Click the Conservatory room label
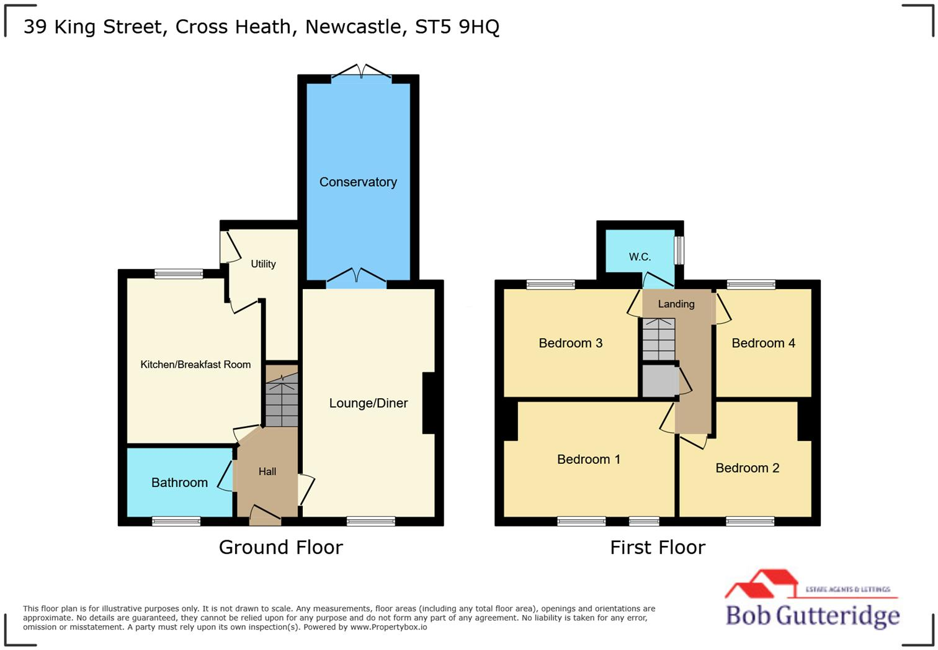pos(358,182)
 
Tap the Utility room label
pos(263,264)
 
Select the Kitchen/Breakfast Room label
pos(195,365)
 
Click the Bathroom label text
pos(179,483)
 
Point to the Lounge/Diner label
pos(368,403)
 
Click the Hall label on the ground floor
pos(267,472)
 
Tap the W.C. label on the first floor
pos(640,257)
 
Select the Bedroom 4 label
pos(763,343)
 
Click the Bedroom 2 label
pos(747,468)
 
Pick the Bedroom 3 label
pos(570,343)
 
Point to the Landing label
pos(676,304)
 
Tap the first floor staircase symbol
pos(658,339)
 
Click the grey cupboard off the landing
pos(659,381)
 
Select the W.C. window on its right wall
pos(679,251)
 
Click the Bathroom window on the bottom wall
pos(176,521)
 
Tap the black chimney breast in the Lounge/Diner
pos(429,403)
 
